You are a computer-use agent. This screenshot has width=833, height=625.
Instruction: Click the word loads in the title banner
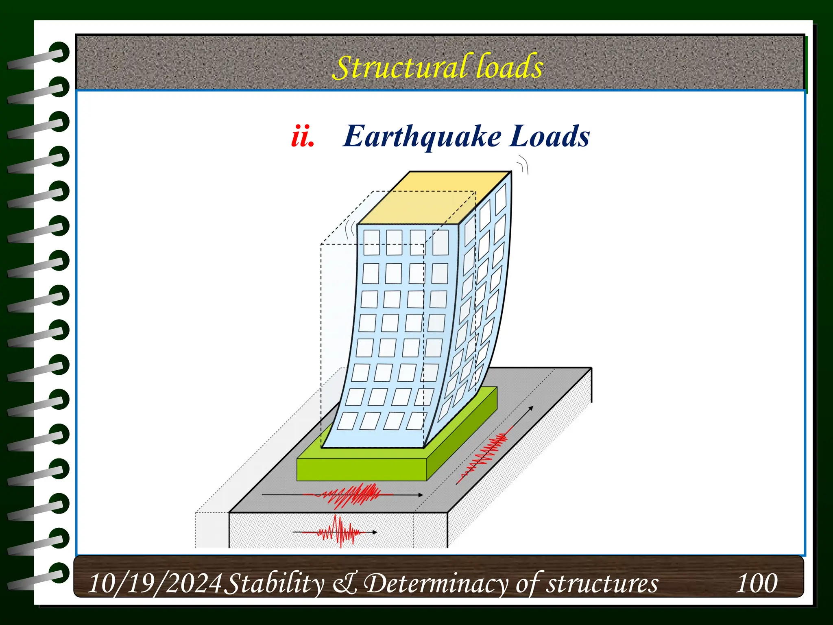click(x=509, y=66)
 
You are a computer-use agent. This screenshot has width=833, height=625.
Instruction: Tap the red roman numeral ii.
click(x=303, y=137)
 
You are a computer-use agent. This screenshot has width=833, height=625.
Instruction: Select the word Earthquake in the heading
click(x=422, y=137)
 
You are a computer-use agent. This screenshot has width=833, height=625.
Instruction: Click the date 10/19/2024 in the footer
click(x=155, y=583)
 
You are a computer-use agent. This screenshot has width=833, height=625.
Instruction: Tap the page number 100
click(x=757, y=583)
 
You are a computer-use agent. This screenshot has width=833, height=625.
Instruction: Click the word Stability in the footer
click(x=275, y=583)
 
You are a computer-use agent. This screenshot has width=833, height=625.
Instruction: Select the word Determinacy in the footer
click(x=435, y=583)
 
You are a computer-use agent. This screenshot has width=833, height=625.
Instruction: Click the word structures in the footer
click(x=602, y=583)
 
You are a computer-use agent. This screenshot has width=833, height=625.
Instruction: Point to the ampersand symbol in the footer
click(x=345, y=583)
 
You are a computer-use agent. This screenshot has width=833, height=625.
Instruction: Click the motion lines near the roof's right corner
click(x=523, y=165)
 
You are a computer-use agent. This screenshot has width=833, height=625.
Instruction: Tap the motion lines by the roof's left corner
click(x=349, y=230)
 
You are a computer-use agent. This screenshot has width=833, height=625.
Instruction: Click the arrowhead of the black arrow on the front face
click(x=374, y=532)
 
